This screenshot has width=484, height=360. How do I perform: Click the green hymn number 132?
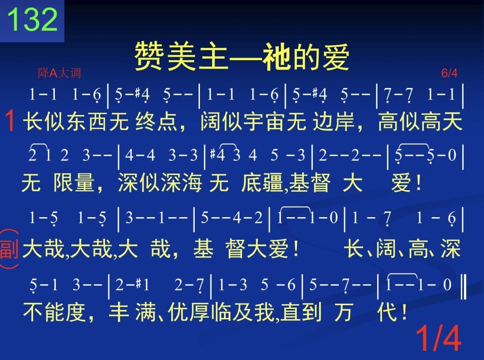pyautogui.click(x=33, y=19)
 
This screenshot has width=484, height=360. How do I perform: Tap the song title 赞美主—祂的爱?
pyautogui.click(x=242, y=57)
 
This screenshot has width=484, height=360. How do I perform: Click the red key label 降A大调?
pyautogui.click(x=60, y=73)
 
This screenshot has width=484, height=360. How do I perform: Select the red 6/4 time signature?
pyautogui.click(x=449, y=73)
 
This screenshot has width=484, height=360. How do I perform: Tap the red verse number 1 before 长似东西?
pyautogui.click(x=10, y=121)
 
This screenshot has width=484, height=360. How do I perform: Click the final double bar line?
pyautogui.click(x=463, y=287)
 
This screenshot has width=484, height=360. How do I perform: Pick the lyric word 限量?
pyautogui.click(x=74, y=182)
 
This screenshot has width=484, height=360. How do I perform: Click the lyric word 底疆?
pyautogui.click(x=262, y=182)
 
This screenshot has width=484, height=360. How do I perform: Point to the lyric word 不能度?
pyautogui.click(x=54, y=312)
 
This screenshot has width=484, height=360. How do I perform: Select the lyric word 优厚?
pyautogui.click(x=190, y=312)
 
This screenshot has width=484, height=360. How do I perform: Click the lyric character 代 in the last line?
pyautogui.click(x=387, y=312)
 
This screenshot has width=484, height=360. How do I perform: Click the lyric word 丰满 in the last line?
pyautogui.click(x=133, y=312)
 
